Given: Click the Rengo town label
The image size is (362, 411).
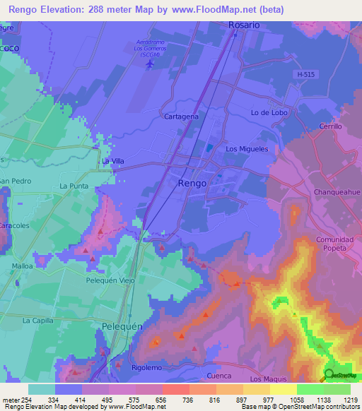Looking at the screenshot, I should click(x=192, y=183).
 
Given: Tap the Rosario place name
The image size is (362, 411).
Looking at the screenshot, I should click(x=244, y=25).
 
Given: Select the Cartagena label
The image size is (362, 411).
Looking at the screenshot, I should click(x=181, y=116).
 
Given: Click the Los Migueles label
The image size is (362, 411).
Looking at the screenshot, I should click(x=247, y=149).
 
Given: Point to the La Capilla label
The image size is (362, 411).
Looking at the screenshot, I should click(x=37, y=320).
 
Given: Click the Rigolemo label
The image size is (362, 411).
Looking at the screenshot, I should click(x=148, y=367).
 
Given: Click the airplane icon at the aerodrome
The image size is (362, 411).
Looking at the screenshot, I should click(x=149, y=64).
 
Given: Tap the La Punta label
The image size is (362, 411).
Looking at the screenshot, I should click(x=74, y=186).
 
